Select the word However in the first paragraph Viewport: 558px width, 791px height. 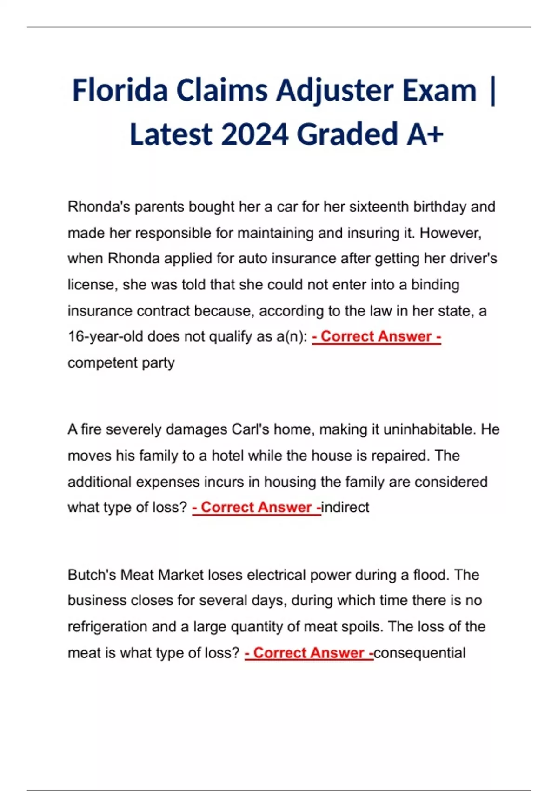(450, 233)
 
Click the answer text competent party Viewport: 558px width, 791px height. (121, 362)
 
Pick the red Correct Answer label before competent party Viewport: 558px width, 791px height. (376, 336)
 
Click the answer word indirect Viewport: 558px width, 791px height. (345, 507)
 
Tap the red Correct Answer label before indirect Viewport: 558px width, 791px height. (256, 507)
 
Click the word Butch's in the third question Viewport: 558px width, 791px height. (92, 575)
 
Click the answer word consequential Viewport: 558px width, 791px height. (419, 653)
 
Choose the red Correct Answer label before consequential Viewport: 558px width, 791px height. (309, 653)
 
